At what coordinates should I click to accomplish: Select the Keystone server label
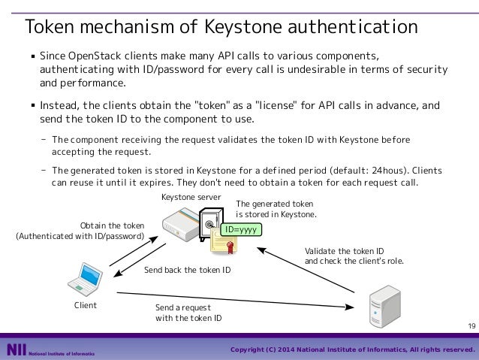(x=191, y=197)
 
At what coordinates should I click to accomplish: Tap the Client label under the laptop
(x=86, y=306)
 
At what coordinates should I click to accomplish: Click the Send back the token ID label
(x=187, y=270)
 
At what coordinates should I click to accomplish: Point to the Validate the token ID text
(x=345, y=250)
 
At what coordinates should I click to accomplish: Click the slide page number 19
(x=471, y=325)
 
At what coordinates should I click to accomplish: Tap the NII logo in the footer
(x=16, y=350)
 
